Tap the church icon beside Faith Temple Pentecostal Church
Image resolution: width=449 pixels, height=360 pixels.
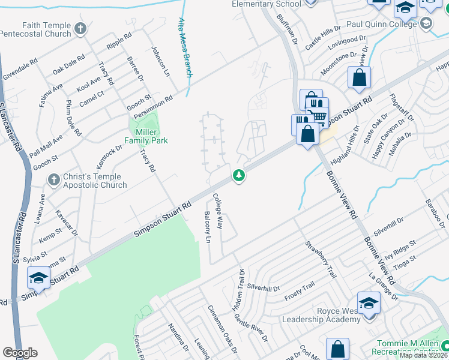pos(79,28)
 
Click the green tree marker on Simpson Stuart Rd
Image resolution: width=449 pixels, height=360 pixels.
pos(239,175)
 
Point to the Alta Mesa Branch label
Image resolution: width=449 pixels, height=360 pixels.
pos(185,47)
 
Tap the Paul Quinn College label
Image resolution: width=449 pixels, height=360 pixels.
pos(381,24)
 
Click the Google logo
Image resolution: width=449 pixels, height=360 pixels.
pos(20,353)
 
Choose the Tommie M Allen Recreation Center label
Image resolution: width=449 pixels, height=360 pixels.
pos(403,346)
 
